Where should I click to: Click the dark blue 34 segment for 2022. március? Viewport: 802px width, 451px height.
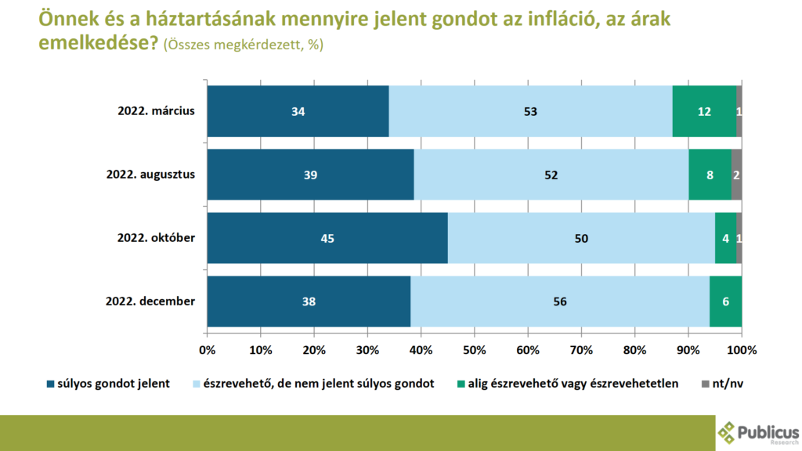(x=298, y=111)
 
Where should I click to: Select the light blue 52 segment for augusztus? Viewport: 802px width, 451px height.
(x=551, y=175)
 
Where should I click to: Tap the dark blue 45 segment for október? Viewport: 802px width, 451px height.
(x=327, y=238)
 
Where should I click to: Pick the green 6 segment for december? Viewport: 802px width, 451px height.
(x=725, y=301)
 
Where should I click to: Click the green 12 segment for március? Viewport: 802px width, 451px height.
(x=704, y=111)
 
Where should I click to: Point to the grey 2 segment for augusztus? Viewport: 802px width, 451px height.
(x=736, y=175)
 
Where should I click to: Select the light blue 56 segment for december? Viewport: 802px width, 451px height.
(x=560, y=301)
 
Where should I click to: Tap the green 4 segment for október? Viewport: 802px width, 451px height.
(x=726, y=238)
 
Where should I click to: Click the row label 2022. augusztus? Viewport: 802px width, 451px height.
(x=150, y=175)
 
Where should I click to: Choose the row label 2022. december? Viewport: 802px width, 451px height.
(x=150, y=301)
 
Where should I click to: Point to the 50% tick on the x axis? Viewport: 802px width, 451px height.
(x=475, y=350)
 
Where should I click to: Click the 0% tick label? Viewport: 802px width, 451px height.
(x=208, y=350)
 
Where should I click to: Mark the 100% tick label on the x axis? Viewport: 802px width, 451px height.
(x=741, y=350)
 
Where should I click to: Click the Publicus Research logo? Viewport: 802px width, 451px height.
(x=758, y=433)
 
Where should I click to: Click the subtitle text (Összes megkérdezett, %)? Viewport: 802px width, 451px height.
(x=242, y=45)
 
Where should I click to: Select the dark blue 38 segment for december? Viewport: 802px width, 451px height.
(x=309, y=301)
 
